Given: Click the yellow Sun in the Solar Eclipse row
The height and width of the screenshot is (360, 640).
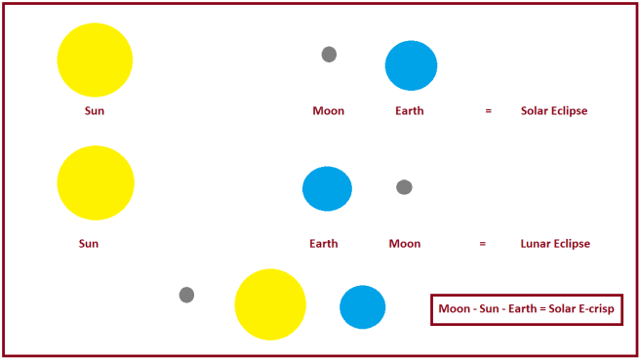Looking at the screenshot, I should pyautogui.click(x=95, y=60).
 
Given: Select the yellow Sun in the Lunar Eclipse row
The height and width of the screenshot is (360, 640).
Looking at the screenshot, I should pyautogui.click(x=96, y=182).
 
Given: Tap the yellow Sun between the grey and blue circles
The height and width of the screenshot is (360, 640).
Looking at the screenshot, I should pyautogui.click(x=270, y=304).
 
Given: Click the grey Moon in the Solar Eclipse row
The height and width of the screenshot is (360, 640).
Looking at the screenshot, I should pyautogui.click(x=329, y=55).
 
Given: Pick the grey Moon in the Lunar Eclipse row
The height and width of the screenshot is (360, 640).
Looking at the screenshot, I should pyautogui.click(x=404, y=186).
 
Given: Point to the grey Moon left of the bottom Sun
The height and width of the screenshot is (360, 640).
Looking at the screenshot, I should pyautogui.click(x=186, y=295).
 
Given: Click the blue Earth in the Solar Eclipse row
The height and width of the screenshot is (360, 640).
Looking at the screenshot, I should pyautogui.click(x=417, y=65).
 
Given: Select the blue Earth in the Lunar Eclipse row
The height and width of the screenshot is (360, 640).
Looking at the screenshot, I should pyautogui.click(x=327, y=188).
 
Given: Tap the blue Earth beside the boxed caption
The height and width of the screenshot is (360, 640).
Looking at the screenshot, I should pyautogui.click(x=362, y=306).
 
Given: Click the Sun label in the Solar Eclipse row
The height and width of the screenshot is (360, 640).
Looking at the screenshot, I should pyautogui.click(x=94, y=111).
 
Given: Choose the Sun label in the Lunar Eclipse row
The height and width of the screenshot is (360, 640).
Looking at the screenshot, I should pyautogui.click(x=89, y=244).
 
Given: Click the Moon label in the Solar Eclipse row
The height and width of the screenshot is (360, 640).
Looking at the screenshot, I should pyautogui.click(x=328, y=111).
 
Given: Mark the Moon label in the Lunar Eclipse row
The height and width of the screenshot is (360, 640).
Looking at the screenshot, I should pyautogui.click(x=404, y=244).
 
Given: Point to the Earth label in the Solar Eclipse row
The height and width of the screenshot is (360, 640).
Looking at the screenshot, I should pyautogui.click(x=410, y=111).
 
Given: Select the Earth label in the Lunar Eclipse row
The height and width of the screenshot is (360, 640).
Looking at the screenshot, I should pyautogui.click(x=323, y=244).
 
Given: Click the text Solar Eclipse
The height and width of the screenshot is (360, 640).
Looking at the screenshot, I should pyautogui.click(x=554, y=111).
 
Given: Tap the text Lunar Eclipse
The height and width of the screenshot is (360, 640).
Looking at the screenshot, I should pyautogui.click(x=555, y=244).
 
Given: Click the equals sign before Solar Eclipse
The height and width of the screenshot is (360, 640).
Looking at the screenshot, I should pyautogui.click(x=488, y=111).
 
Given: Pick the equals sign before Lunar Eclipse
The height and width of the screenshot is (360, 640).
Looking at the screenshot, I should pyautogui.click(x=482, y=244).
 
